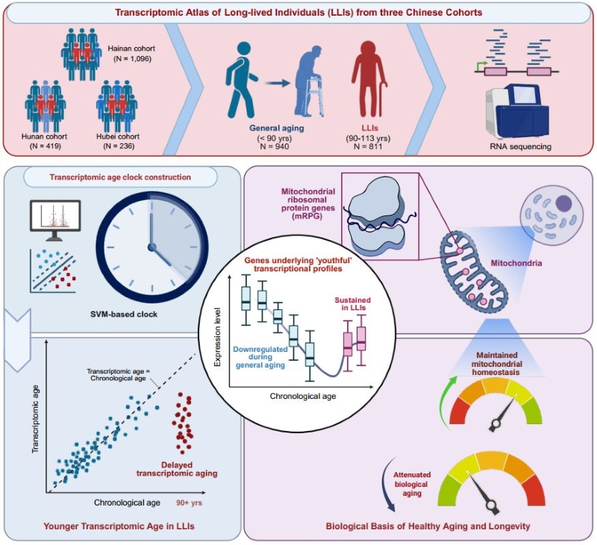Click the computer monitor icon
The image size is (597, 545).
(x=54, y=215)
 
